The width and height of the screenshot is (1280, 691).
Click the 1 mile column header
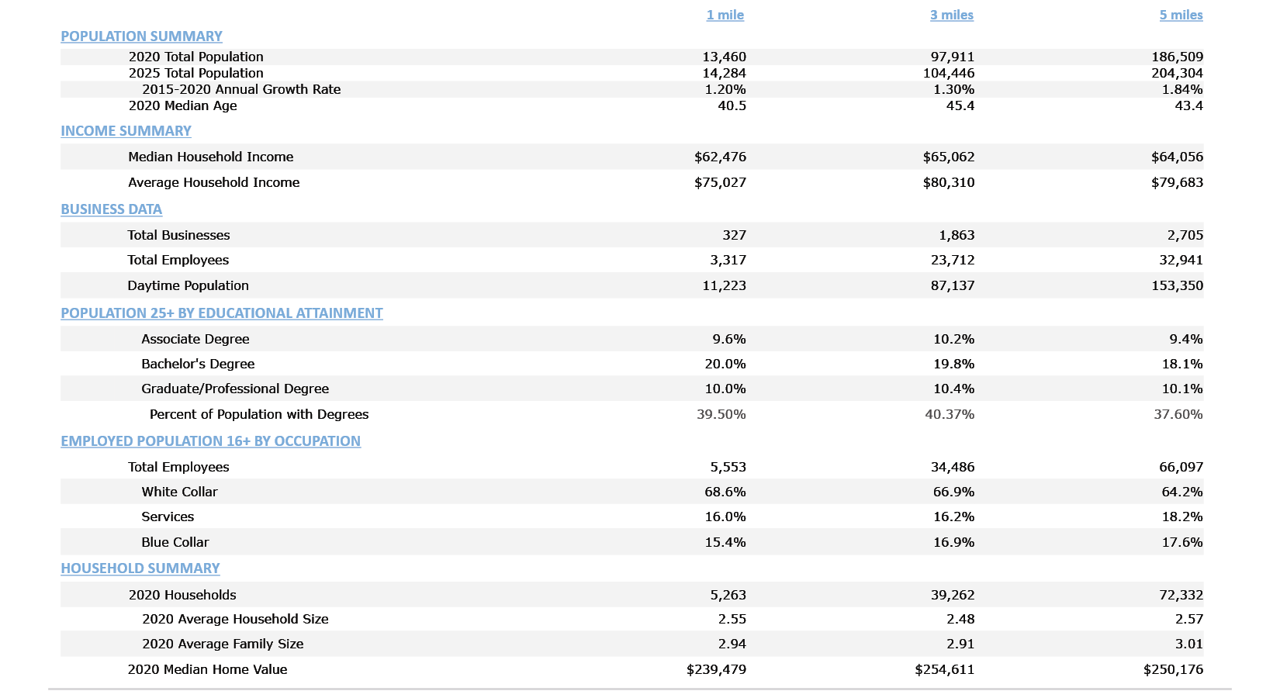click(x=725, y=15)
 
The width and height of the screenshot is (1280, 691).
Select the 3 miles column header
click(x=951, y=15)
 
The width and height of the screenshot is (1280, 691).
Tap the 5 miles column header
click(x=1181, y=15)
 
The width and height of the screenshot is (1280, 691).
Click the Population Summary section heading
click(x=141, y=36)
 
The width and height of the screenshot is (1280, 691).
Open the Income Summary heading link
click(x=126, y=131)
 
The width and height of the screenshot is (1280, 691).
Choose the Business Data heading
click(x=111, y=209)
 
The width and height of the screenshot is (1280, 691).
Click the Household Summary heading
click(x=140, y=568)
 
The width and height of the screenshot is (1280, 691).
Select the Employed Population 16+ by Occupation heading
click(x=210, y=441)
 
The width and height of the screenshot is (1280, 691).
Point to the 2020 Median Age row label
click(x=182, y=105)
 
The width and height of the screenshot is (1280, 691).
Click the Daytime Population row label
click(x=188, y=285)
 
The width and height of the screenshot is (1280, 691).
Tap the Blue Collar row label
click(x=175, y=542)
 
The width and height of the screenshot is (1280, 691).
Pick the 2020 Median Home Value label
click(x=207, y=669)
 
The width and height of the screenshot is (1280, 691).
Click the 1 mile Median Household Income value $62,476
click(x=720, y=157)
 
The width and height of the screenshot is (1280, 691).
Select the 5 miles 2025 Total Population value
click(x=1177, y=73)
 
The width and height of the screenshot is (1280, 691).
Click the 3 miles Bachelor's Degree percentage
click(x=953, y=364)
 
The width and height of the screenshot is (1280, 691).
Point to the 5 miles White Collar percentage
click(x=1181, y=492)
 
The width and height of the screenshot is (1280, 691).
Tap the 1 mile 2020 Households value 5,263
click(x=728, y=595)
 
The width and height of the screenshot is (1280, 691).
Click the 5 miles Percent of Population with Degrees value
click(x=1178, y=414)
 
